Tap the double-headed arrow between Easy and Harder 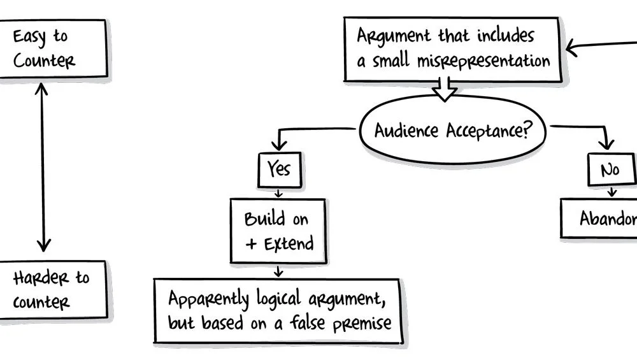43,167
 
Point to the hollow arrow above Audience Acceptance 444,89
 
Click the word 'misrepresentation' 483,61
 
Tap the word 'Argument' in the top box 393,36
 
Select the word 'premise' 362,324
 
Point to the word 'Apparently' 208,299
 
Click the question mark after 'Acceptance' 527,129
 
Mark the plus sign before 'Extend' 251,244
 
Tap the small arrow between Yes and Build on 278,193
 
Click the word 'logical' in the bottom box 279,299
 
